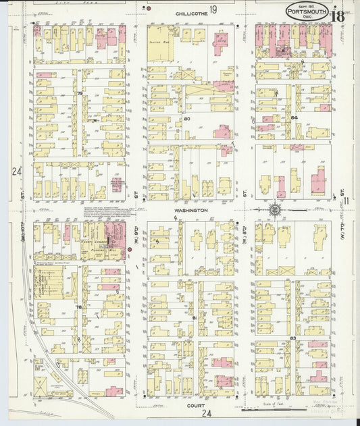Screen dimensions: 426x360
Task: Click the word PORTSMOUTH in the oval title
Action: [x=308, y=11]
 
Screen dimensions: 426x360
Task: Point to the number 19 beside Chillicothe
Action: [x=213, y=9]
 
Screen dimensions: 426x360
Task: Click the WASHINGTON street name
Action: [x=190, y=210]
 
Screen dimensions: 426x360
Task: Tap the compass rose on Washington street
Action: [x=276, y=211]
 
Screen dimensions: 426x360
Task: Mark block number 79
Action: [x=80, y=93]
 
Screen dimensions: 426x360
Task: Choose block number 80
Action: [x=187, y=119]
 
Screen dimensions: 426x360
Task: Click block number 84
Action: [x=294, y=118]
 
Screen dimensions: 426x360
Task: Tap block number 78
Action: [x=79, y=307]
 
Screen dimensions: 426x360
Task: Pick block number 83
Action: [x=293, y=337]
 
